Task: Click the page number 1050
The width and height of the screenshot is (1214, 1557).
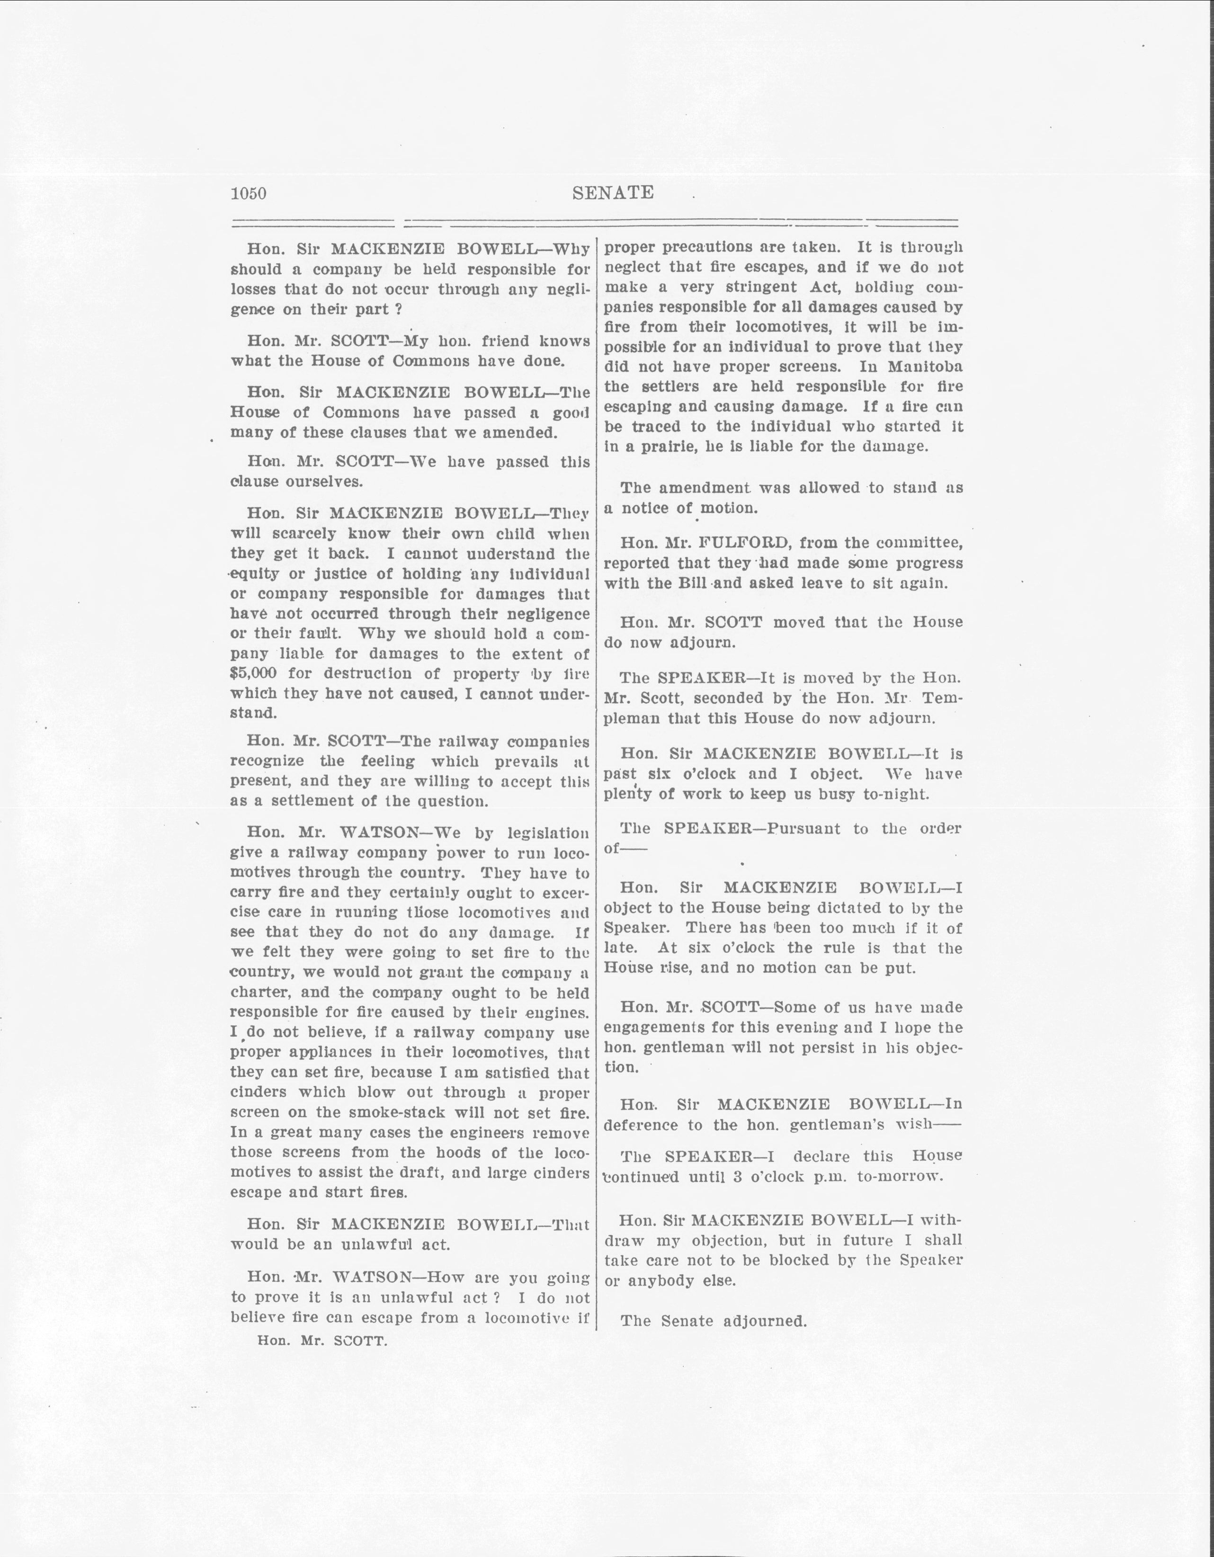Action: pos(248,193)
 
